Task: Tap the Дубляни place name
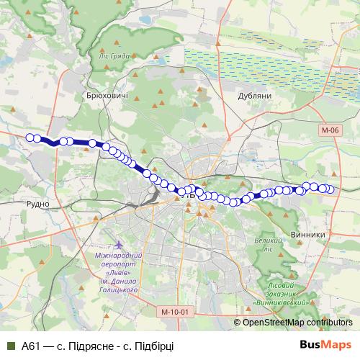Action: coord(254,95)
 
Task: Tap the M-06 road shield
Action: coord(330,130)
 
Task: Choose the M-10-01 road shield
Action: coord(174,312)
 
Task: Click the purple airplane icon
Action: coord(108,245)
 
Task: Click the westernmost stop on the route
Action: coord(30,138)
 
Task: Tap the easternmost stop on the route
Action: coord(331,189)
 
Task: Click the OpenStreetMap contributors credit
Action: coord(297,323)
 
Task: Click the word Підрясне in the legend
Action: coord(91,346)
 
